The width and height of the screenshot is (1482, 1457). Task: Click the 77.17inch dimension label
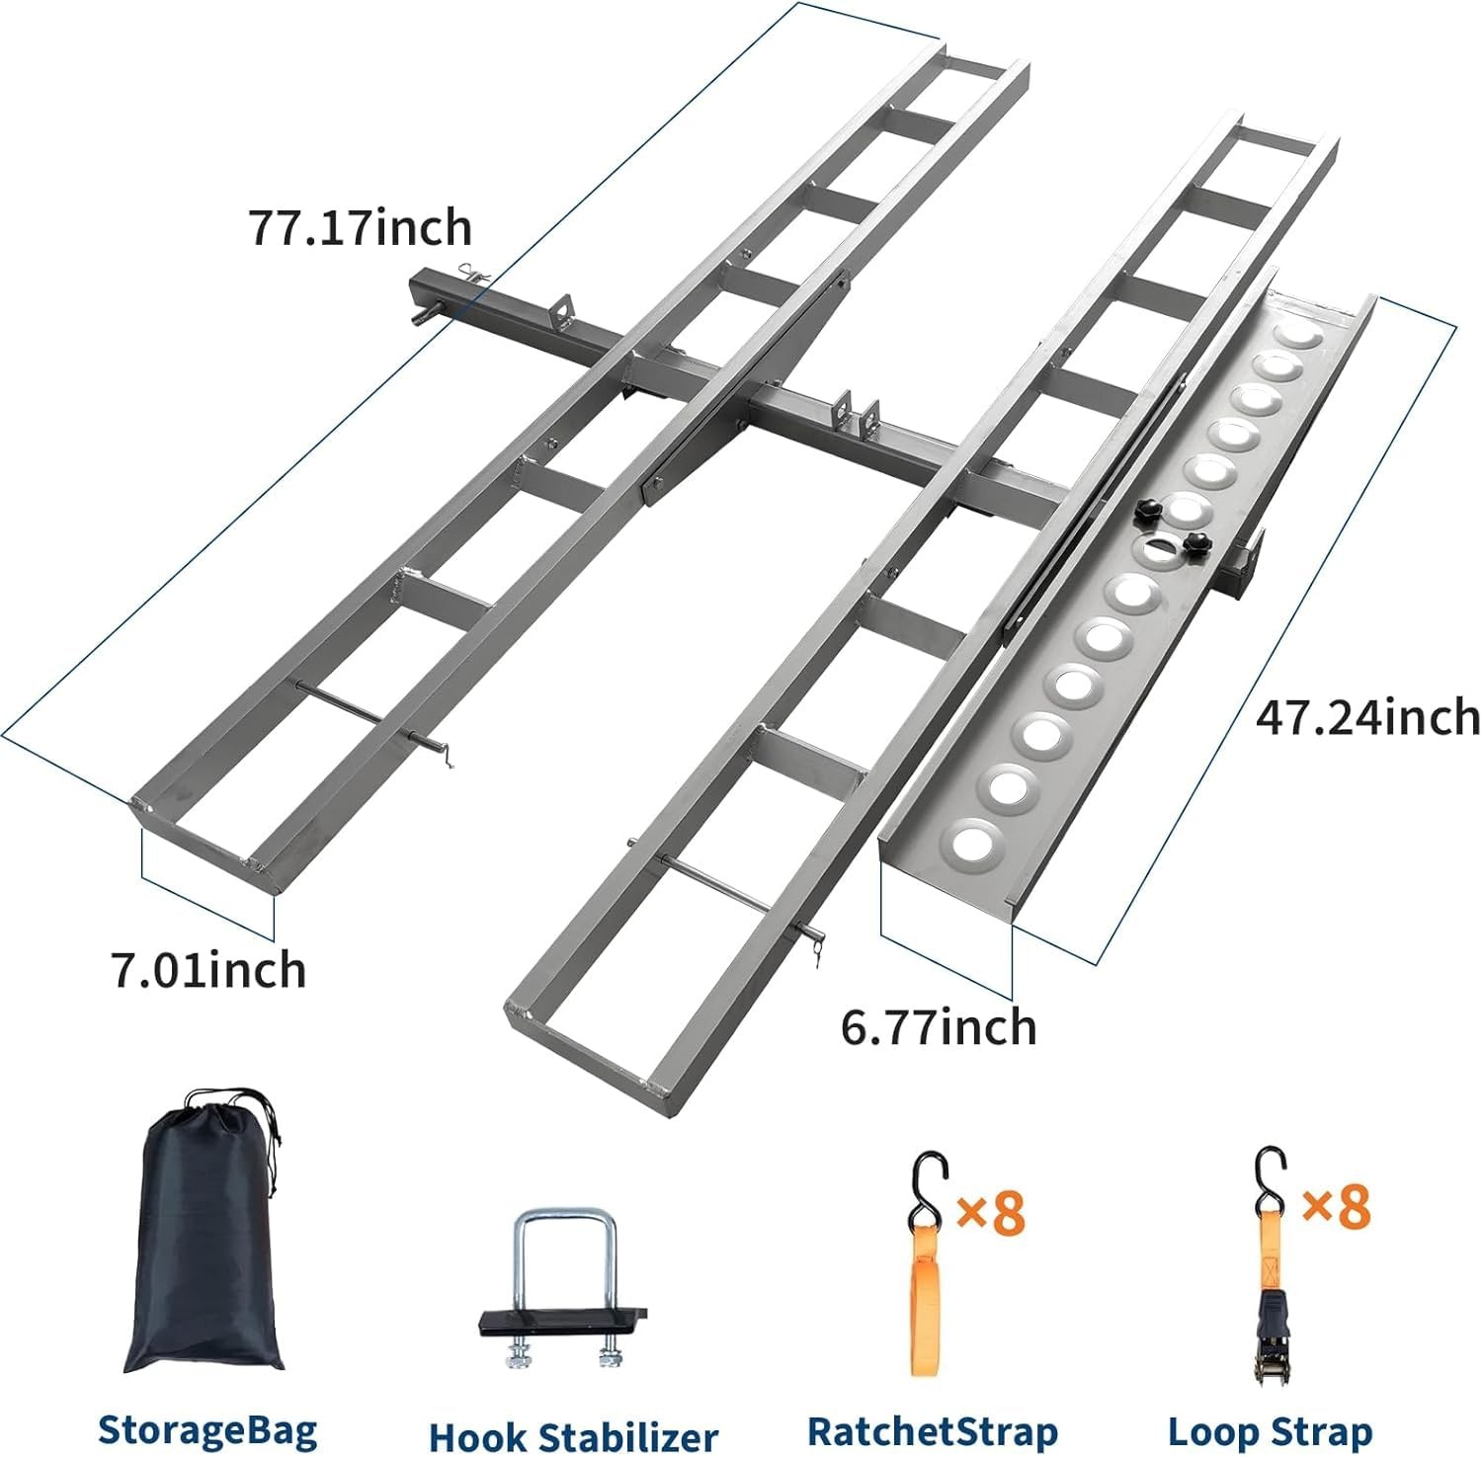tap(361, 228)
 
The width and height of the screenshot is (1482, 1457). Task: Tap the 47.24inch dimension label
tap(1367, 716)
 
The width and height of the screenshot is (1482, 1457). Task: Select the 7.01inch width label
tap(208, 970)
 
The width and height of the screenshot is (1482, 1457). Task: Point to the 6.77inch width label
tap(939, 1027)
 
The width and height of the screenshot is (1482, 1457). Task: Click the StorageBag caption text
tap(207, 1429)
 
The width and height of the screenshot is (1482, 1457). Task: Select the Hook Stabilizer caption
tap(573, 1436)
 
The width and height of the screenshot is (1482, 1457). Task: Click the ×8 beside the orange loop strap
tap(992, 1211)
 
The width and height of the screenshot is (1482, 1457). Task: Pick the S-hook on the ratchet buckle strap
tap(1271, 1175)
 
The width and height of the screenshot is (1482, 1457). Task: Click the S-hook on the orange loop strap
tap(929, 1180)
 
